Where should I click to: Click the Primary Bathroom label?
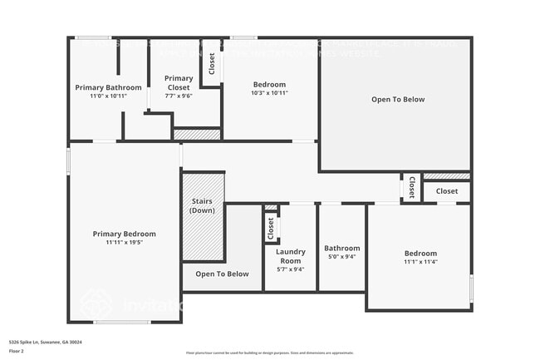pyautogui.click(x=108, y=87)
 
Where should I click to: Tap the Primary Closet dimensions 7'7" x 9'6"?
pyautogui.click(x=179, y=96)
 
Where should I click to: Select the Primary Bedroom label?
pyautogui.click(x=124, y=234)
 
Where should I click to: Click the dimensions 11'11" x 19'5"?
pyautogui.click(x=124, y=243)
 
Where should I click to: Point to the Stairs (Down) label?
pyautogui.click(x=203, y=205)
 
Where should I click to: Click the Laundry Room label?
pyautogui.click(x=290, y=255)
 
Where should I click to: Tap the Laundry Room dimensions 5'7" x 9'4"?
pyautogui.click(x=290, y=269)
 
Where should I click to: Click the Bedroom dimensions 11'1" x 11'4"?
pyautogui.click(x=420, y=262)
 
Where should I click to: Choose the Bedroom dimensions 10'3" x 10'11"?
pyautogui.click(x=269, y=93)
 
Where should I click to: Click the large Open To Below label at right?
pyautogui.click(x=397, y=100)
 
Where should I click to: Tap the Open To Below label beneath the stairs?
pyautogui.click(x=222, y=274)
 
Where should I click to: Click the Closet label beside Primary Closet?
pyautogui.click(x=212, y=64)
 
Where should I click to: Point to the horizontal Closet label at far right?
pyautogui.click(x=447, y=191)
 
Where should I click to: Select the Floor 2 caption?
pyautogui.click(x=17, y=351)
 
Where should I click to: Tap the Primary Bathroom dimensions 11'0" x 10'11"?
pyautogui.click(x=108, y=96)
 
